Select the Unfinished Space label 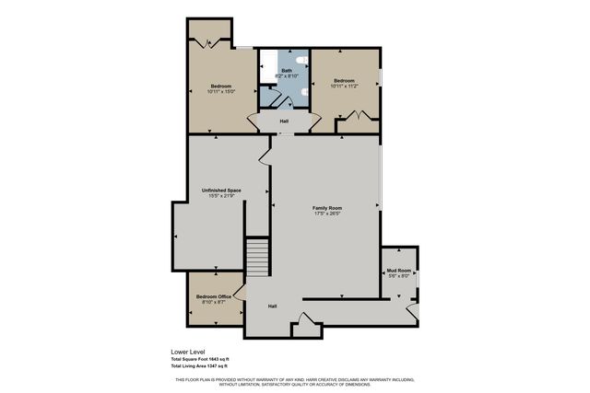pyautogui.click(x=221, y=191)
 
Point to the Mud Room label pyautogui.click(x=397, y=269)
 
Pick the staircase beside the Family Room pyautogui.click(x=256, y=256)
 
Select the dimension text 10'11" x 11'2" pyautogui.click(x=344, y=87)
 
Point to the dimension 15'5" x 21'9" pyautogui.click(x=221, y=197)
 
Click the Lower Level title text pyautogui.click(x=187, y=352)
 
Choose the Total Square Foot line pyautogui.click(x=200, y=359)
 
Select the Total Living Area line pyautogui.click(x=198, y=366)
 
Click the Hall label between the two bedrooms pyautogui.click(x=283, y=121)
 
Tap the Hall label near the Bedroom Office pyautogui.click(x=273, y=306)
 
